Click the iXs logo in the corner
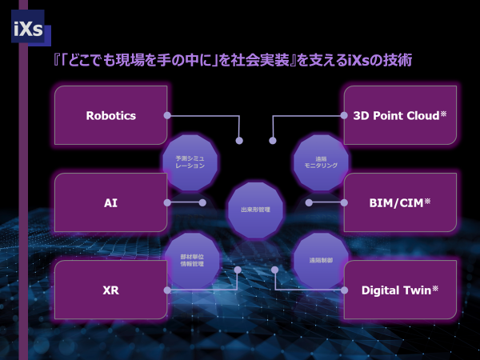coord(27,30)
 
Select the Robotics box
coord(110,115)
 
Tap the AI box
coord(110,202)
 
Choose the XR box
coord(110,290)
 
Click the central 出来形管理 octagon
coord(255,210)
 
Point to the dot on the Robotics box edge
coord(167,115)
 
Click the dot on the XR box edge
coord(167,290)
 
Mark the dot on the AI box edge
coord(167,202)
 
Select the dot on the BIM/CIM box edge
coord(343,202)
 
